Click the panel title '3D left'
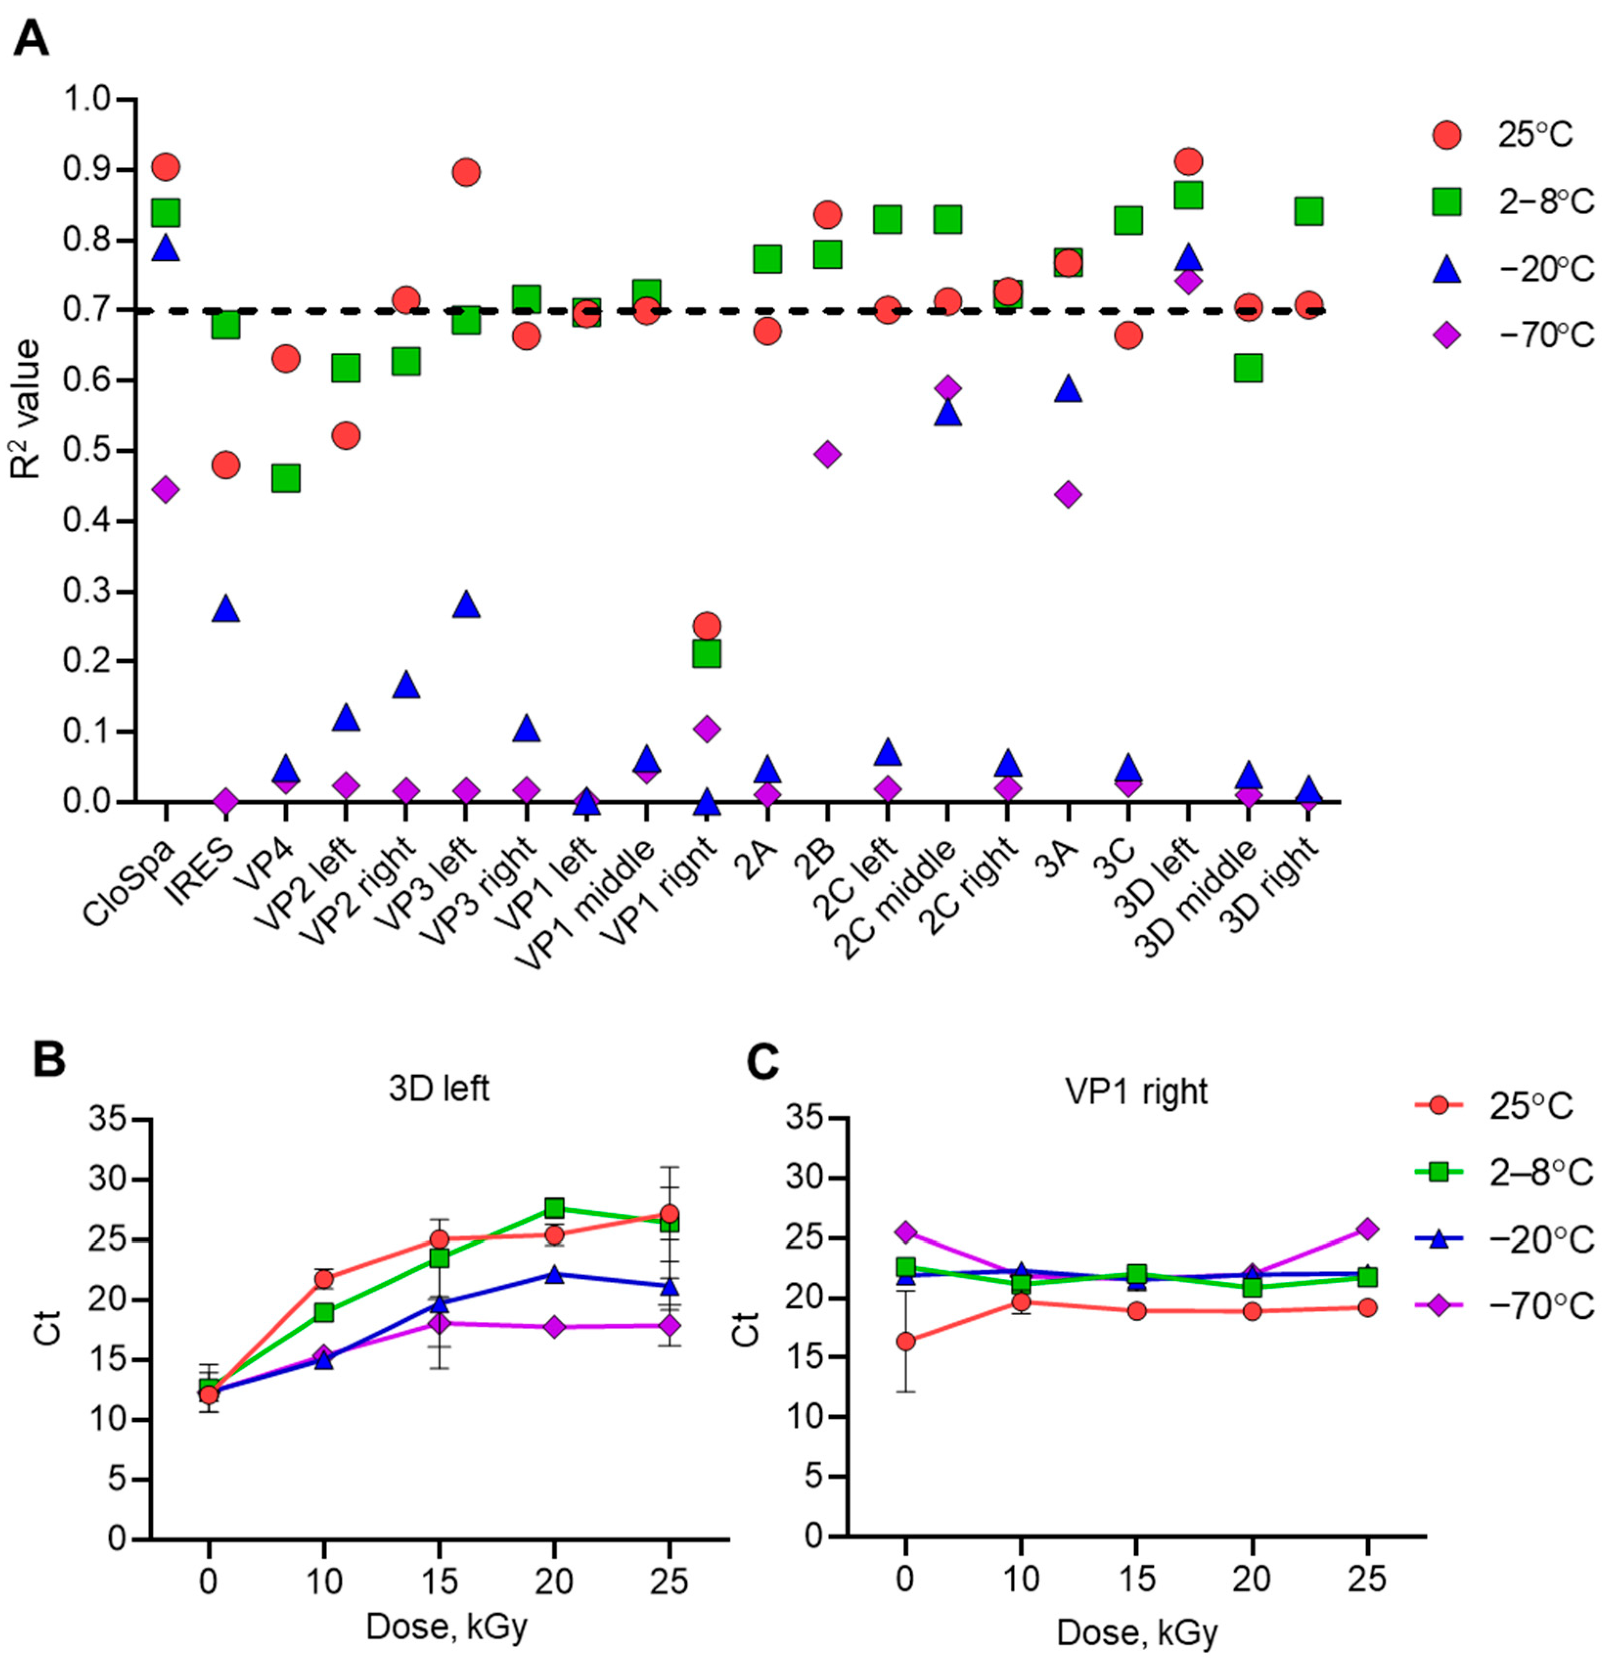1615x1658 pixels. tap(439, 1089)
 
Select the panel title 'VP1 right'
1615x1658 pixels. tap(1137, 1092)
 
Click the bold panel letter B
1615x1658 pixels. tap(49, 1061)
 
